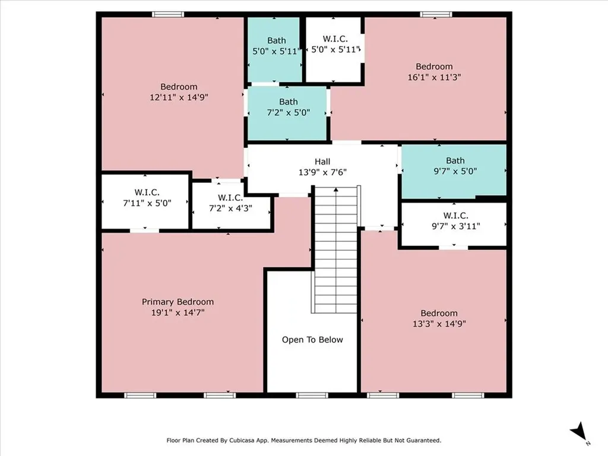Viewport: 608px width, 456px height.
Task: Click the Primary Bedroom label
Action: [178, 302]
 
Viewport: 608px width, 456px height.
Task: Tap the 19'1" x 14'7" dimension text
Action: [178, 312]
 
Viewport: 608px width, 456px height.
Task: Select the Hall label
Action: [322, 161]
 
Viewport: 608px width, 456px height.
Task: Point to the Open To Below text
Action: [312, 340]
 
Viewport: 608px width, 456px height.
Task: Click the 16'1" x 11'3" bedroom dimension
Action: [434, 77]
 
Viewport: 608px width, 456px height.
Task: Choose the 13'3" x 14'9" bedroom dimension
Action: [439, 324]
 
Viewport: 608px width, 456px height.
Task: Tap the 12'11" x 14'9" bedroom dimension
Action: [179, 97]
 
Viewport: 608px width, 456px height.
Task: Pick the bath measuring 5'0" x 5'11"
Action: [274, 50]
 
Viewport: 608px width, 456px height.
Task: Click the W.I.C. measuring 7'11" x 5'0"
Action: [145, 202]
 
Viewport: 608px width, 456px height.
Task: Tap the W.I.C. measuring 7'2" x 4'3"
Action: [232, 207]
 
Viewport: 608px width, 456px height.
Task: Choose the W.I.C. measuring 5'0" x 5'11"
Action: [334, 50]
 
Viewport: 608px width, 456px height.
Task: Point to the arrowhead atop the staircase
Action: [336, 189]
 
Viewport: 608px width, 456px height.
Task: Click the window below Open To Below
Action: [312, 395]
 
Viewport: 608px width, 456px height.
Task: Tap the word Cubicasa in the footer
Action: [243, 441]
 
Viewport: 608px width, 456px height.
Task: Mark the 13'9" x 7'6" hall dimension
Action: [322, 172]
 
